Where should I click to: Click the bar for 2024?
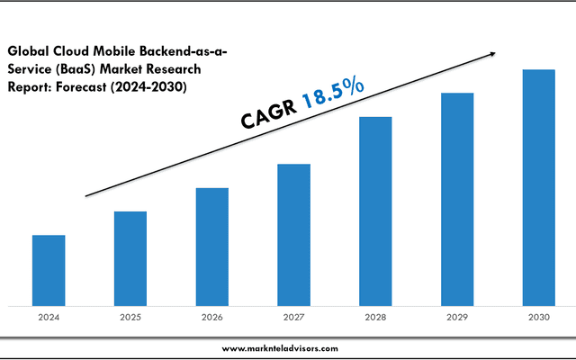(49, 270)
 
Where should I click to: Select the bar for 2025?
(130, 258)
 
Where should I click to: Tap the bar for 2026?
(211, 247)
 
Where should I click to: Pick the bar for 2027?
(293, 235)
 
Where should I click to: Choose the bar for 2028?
(375, 211)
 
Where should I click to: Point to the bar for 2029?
(457, 199)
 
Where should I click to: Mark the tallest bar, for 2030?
(539, 187)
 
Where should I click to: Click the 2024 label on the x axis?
(49, 317)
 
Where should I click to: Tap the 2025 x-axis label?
(130, 317)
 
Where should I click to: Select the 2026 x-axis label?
(211, 317)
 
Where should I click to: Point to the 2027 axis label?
(293, 317)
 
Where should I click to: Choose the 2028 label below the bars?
(375, 317)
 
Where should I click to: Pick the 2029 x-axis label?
(457, 317)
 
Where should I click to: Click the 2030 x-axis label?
(539, 317)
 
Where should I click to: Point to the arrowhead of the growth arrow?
(491, 54)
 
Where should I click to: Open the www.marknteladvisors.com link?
(280, 347)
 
